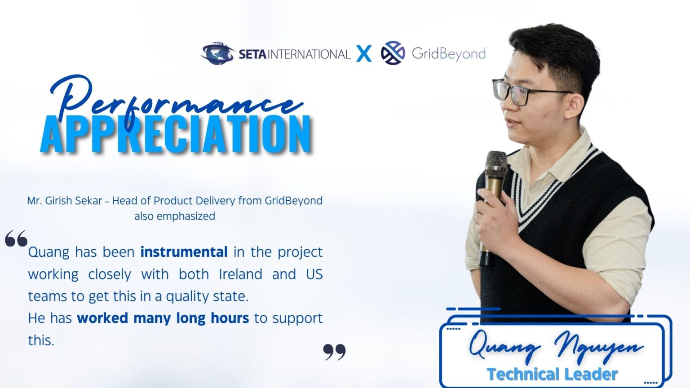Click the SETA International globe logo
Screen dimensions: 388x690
coord(217,53)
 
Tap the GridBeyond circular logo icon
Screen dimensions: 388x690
coord(393,53)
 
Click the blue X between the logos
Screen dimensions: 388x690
coord(364,54)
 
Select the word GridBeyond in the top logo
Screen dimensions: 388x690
coord(448,54)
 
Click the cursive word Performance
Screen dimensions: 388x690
coord(175,101)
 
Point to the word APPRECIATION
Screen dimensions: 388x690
coord(176,134)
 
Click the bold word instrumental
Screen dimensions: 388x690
coord(184,252)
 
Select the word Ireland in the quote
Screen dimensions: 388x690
coord(240,274)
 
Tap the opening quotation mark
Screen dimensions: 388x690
coord(16,239)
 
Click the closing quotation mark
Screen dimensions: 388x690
coord(335,352)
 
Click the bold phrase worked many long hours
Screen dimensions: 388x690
coord(163,318)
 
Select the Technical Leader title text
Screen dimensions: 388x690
coord(552,374)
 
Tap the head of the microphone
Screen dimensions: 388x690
coord(496,164)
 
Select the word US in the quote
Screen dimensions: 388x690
coord(314,274)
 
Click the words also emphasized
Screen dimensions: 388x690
coord(174,216)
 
